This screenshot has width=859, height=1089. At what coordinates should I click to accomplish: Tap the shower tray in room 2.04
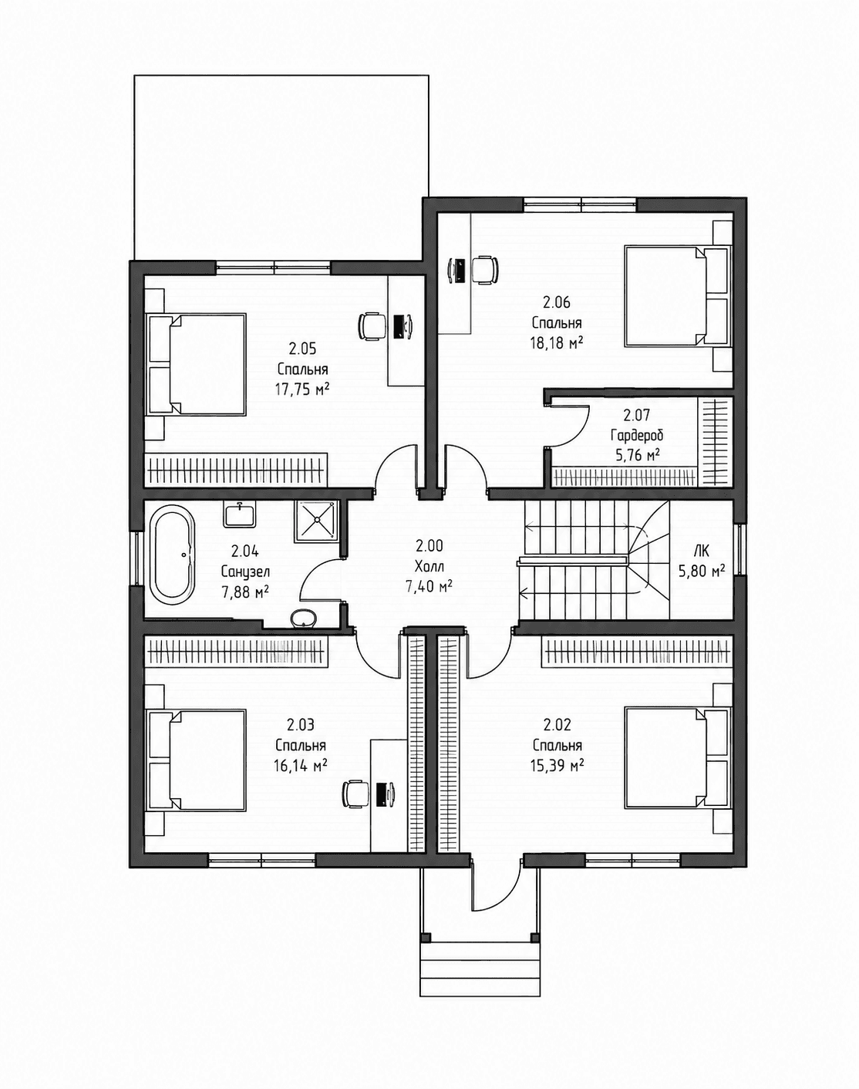coord(315,520)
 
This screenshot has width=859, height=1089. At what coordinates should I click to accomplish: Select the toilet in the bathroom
coord(304,617)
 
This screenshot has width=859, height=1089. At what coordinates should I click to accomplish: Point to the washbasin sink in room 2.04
coord(239,514)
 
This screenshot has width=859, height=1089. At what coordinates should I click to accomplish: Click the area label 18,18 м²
coord(557,343)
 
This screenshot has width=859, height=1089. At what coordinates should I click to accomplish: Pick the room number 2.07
coord(636,416)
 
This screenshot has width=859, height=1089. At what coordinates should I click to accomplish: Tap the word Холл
coord(429,566)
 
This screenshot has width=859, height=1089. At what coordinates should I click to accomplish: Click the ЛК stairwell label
coord(702,551)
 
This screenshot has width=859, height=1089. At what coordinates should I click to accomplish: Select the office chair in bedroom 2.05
coord(372,325)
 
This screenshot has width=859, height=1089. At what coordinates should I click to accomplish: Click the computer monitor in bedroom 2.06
coord(460,270)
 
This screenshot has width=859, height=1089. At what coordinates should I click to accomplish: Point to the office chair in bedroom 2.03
coord(356,794)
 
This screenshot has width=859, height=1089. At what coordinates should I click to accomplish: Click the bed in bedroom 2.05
coord(197,365)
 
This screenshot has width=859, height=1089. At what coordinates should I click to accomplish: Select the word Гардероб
coord(637,435)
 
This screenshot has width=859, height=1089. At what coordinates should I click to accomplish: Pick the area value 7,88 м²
coord(245,592)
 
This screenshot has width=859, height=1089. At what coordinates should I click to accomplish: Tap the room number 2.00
coord(429,546)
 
